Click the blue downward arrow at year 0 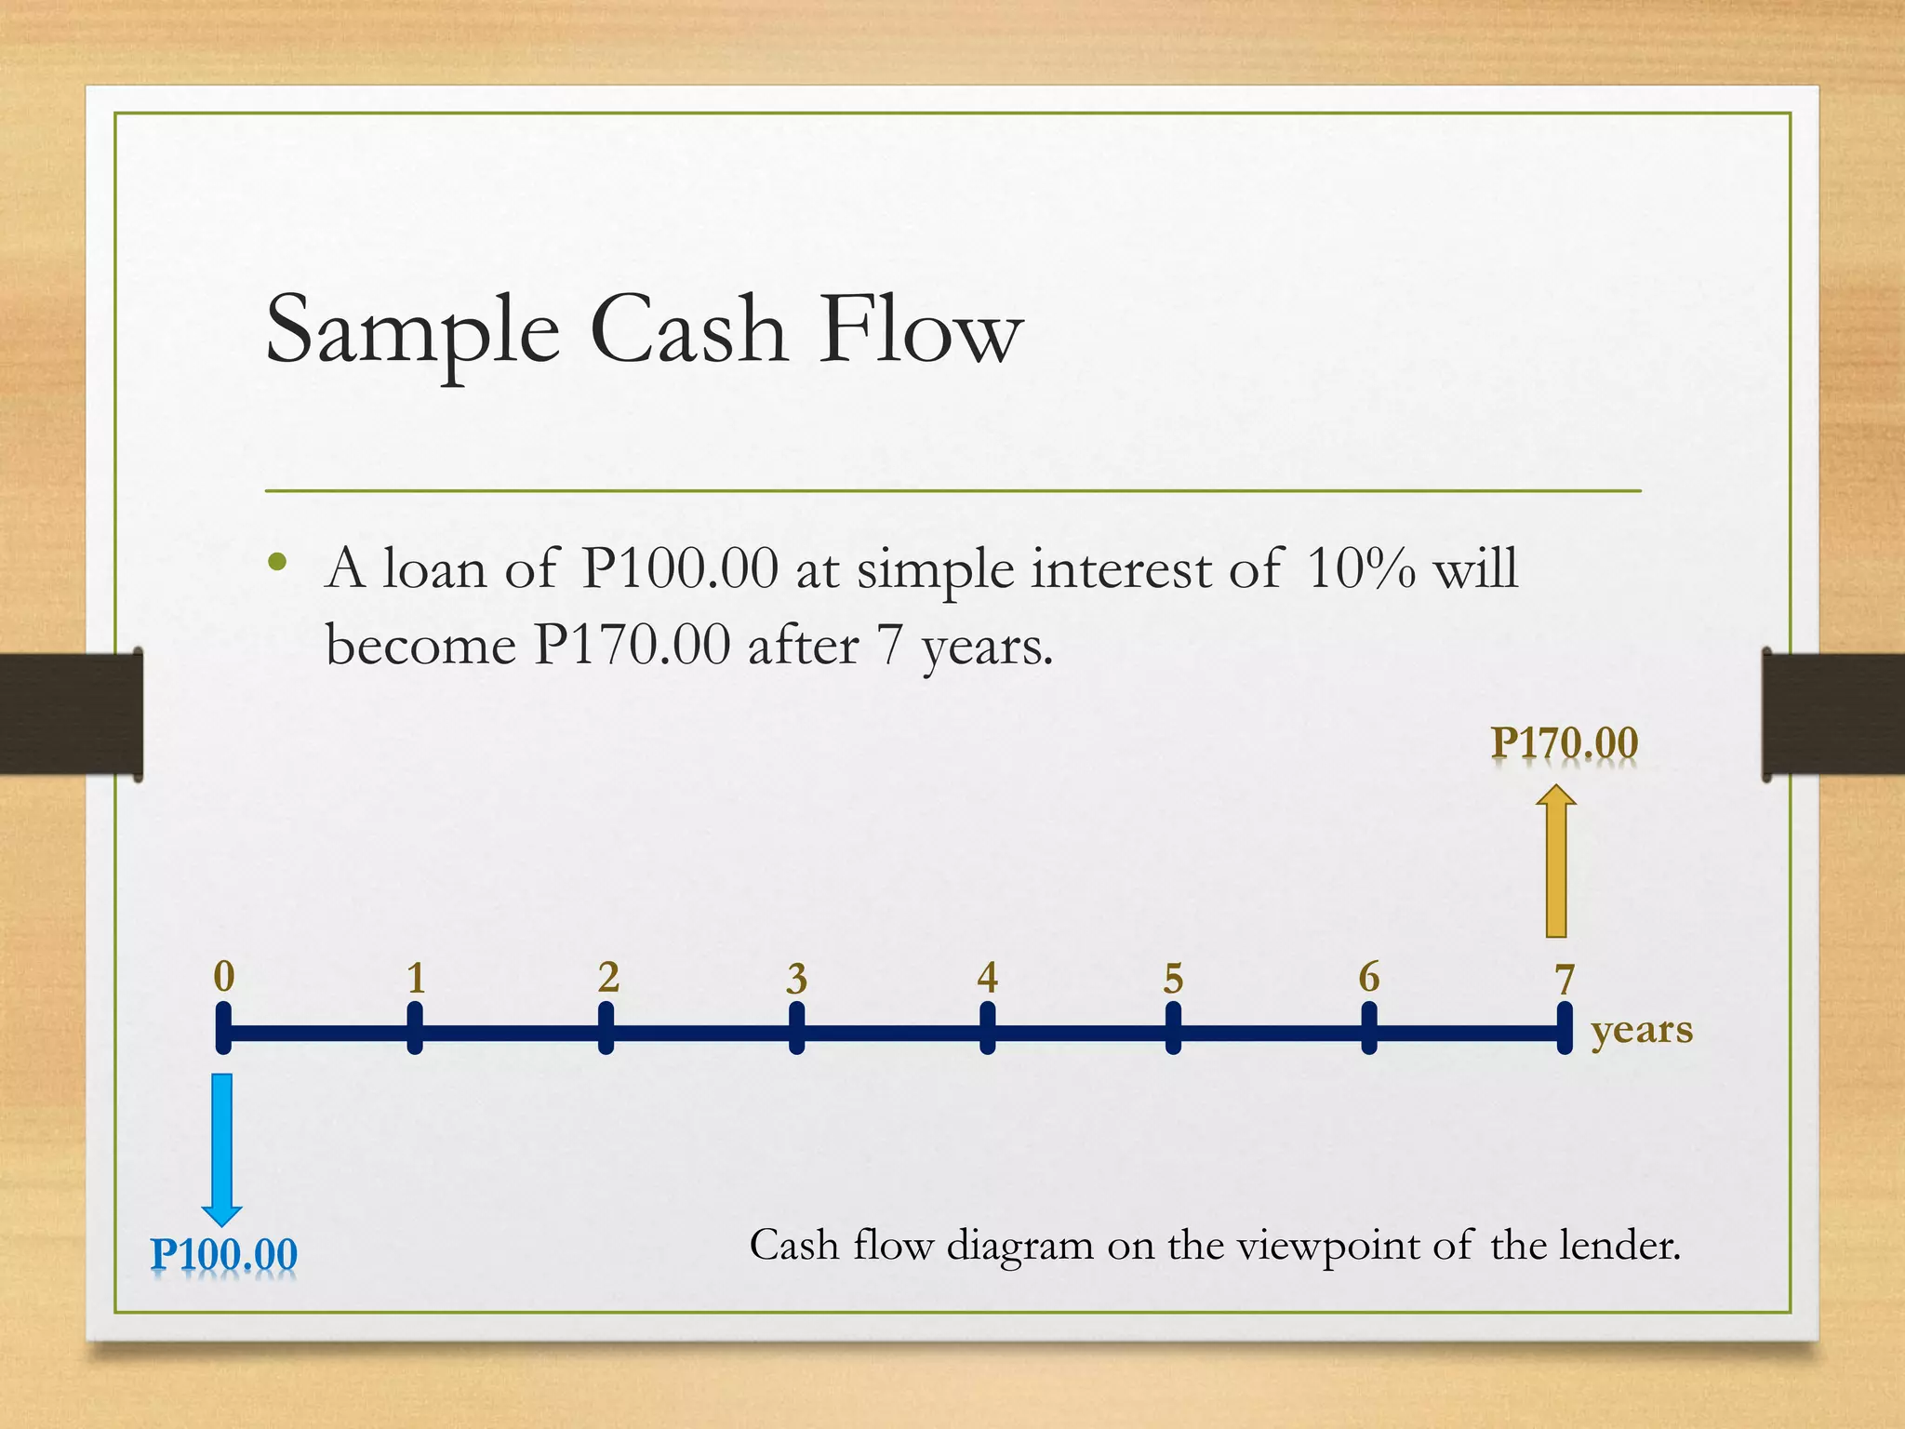coord(222,1148)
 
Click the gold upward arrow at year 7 coord(1556,861)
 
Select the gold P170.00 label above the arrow coord(1564,743)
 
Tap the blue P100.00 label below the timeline coord(224,1254)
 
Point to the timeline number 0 coord(224,977)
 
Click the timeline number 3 coord(796,979)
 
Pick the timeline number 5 coord(1173,979)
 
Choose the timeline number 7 coord(1565,979)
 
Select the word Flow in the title coord(921,330)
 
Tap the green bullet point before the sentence coord(276,562)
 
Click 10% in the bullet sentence coord(1360,568)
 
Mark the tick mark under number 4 coord(987,1029)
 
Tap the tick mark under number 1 coord(415,1029)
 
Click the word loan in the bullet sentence coord(434,568)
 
